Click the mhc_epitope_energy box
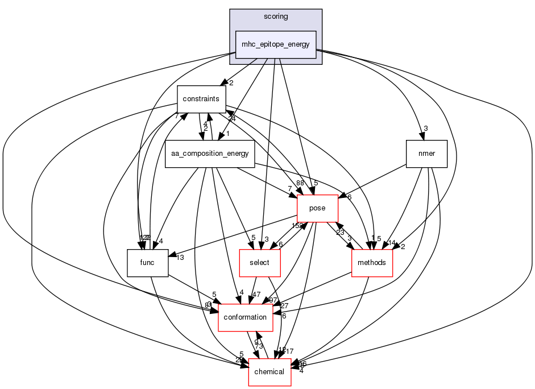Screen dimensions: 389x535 pyautogui.click(x=276, y=45)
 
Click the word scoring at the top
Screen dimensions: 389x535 pyautogui.click(x=276, y=16)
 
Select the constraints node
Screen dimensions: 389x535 pyautogui.click(x=201, y=99)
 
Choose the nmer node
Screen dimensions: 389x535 pyautogui.click(x=427, y=154)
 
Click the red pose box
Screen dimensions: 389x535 pyautogui.click(x=317, y=208)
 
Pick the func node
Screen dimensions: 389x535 pyautogui.click(x=147, y=263)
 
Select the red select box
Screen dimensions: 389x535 pyautogui.click(x=259, y=263)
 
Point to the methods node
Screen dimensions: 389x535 pyautogui.click(x=372, y=263)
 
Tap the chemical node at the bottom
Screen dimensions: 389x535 pyautogui.click(x=270, y=372)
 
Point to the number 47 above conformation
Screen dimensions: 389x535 pyautogui.click(x=256, y=295)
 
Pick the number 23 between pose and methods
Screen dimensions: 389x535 pyautogui.click(x=340, y=232)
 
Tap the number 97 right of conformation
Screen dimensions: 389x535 pyautogui.click(x=273, y=300)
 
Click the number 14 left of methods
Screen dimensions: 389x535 pyautogui.click(x=392, y=243)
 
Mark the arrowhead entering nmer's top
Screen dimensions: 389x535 pyautogui.click(x=420, y=137)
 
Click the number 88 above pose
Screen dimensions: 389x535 pyautogui.click(x=300, y=183)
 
